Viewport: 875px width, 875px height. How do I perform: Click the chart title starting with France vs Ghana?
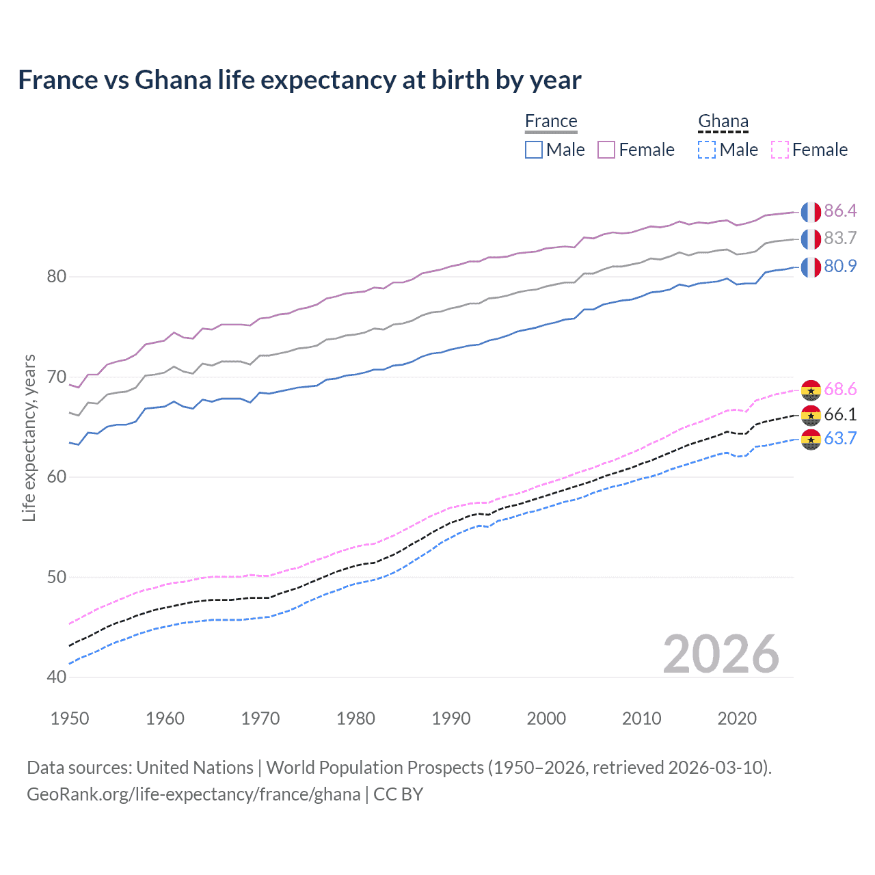pyautogui.click(x=299, y=80)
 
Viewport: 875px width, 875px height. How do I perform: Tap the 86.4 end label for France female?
pyautogui.click(x=840, y=211)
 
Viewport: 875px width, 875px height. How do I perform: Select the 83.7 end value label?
pyautogui.click(x=840, y=238)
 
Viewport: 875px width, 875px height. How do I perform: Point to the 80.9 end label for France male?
pyautogui.click(x=840, y=266)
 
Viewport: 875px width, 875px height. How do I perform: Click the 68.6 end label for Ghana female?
pyautogui.click(x=840, y=389)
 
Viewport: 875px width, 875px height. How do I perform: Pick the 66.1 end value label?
pyautogui.click(x=840, y=414)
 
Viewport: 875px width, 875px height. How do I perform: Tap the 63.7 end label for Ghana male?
pyautogui.click(x=840, y=438)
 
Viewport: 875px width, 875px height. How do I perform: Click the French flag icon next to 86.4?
pyautogui.click(x=811, y=212)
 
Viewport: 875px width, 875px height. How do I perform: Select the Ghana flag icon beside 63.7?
pyautogui.click(x=811, y=440)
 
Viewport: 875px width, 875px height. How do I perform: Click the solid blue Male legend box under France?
pyautogui.click(x=534, y=150)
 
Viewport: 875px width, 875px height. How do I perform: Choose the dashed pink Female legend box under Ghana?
pyautogui.click(x=780, y=150)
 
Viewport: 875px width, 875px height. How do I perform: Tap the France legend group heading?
pyautogui.click(x=551, y=121)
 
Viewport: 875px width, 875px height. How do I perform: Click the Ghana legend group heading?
pyautogui.click(x=723, y=121)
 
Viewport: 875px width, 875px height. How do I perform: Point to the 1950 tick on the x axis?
pyautogui.click(x=70, y=718)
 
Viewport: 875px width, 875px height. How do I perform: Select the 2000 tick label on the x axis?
pyautogui.click(x=546, y=718)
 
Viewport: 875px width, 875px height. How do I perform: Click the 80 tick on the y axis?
pyautogui.click(x=57, y=277)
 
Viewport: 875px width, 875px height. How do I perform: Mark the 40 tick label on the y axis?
pyautogui.click(x=57, y=677)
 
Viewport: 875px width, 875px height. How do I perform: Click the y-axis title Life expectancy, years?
pyautogui.click(x=29, y=437)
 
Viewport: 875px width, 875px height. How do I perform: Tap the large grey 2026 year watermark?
pyautogui.click(x=721, y=654)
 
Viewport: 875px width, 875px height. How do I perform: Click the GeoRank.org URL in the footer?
pyautogui.click(x=193, y=794)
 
